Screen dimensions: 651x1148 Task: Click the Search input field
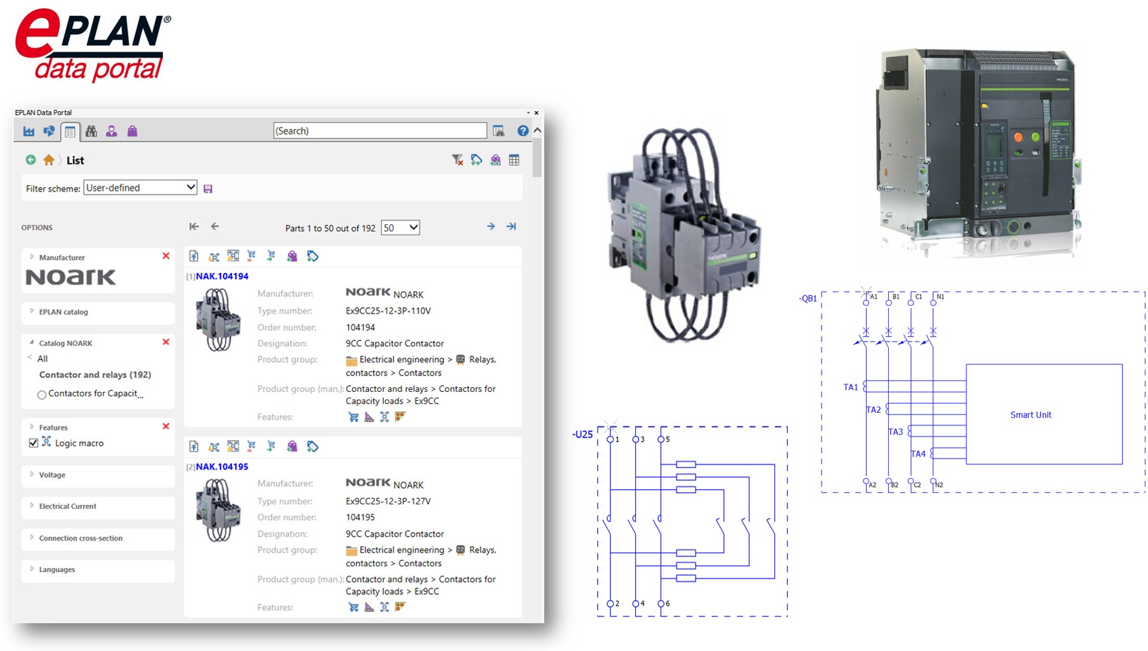pos(379,131)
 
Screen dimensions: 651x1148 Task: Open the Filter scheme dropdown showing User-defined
pos(140,187)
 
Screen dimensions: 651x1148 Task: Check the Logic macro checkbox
pos(34,443)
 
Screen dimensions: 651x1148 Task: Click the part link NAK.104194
pos(222,276)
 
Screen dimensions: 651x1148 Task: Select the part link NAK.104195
pos(222,467)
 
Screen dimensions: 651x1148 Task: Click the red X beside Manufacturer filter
pos(166,256)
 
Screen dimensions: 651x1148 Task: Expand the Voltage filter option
pos(52,475)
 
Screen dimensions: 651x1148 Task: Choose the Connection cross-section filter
pos(81,538)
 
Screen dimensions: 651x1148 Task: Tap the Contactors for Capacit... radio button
pos(42,394)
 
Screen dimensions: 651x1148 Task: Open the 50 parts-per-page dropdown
pos(400,227)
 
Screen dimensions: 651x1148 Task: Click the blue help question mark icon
pos(522,131)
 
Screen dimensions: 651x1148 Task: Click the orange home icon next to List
pos(49,160)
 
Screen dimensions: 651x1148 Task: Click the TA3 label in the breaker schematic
pos(895,432)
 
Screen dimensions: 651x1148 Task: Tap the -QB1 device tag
pos(808,299)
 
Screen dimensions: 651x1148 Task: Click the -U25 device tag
pos(583,434)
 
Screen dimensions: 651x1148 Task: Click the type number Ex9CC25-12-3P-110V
pos(388,311)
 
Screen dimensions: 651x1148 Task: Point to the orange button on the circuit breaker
pos(1018,137)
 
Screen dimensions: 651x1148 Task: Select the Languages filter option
pos(57,570)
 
